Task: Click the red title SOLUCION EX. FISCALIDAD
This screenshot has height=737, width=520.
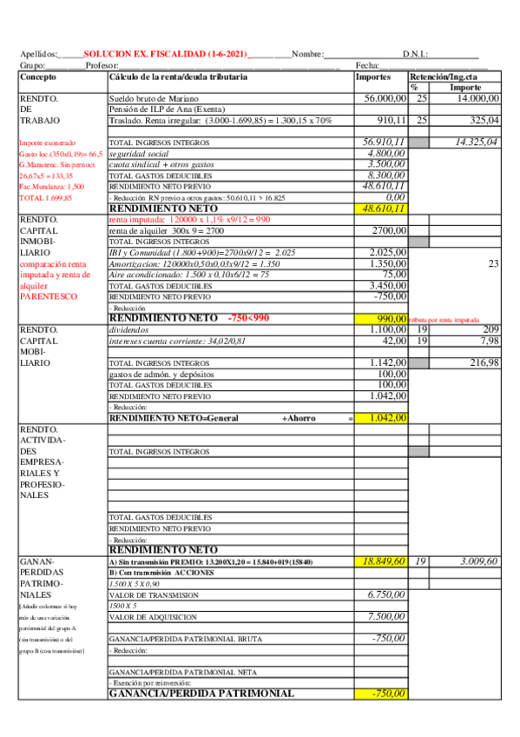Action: (165, 54)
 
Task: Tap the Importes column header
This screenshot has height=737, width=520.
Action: (373, 77)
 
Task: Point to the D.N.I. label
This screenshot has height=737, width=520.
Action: (415, 54)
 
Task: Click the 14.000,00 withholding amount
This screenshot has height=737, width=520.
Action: (475, 99)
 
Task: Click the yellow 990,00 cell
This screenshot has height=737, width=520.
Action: (392, 318)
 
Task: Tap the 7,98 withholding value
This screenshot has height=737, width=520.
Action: (490, 341)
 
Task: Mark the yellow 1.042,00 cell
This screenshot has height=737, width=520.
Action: (387, 417)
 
